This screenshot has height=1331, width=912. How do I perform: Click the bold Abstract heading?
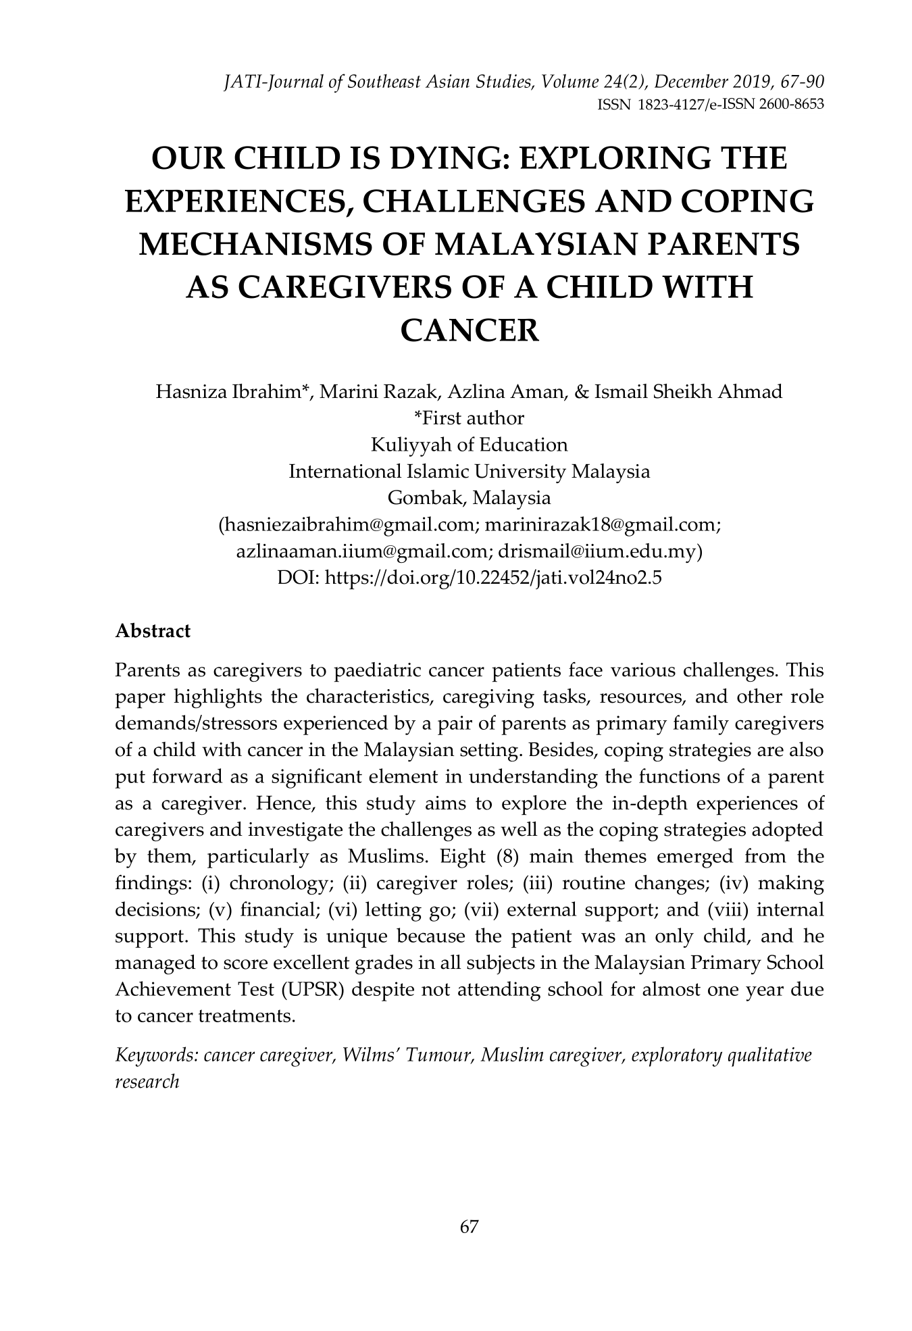(153, 631)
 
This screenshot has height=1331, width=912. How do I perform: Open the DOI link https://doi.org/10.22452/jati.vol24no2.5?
(493, 578)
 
